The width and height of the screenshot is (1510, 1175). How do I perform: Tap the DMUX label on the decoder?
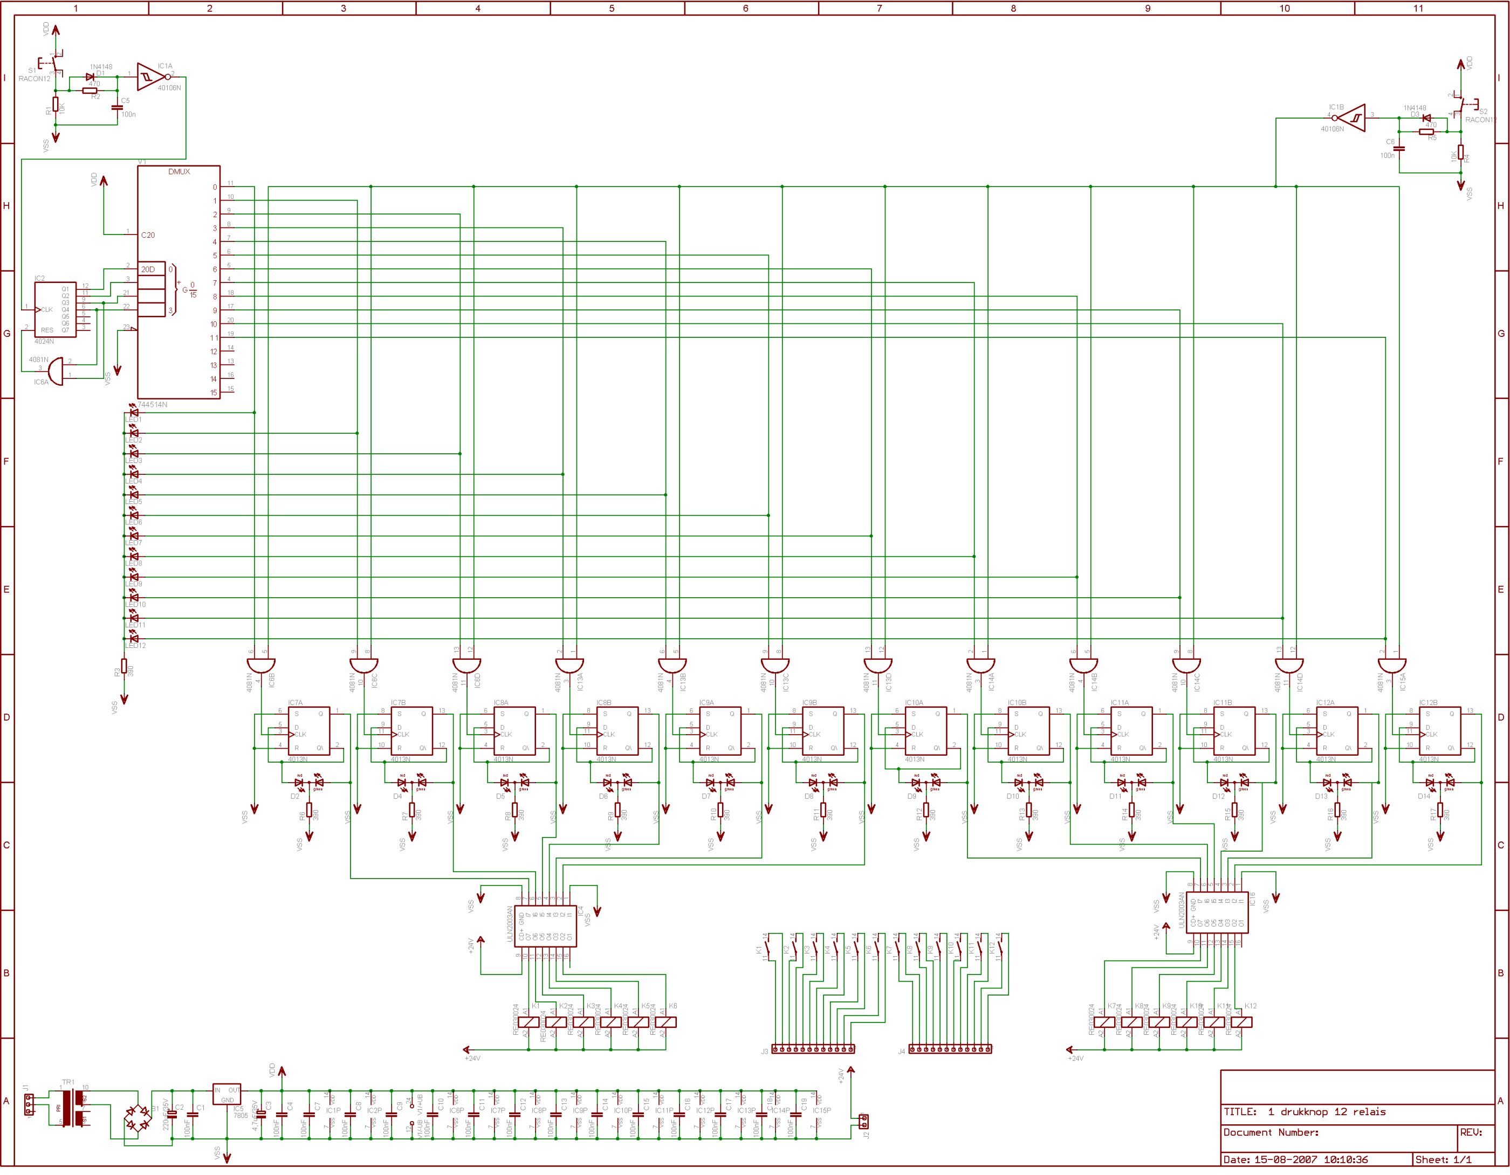pos(179,171)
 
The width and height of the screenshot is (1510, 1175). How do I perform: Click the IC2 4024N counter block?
pos(56,308)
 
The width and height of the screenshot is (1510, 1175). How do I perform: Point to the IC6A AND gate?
pos(59,372)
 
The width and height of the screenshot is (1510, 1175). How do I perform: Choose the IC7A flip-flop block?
pos(309,731)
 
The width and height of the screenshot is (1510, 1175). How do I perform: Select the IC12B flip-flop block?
pos(1440,731)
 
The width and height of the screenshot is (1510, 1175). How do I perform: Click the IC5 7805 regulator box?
pos(226,1094)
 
